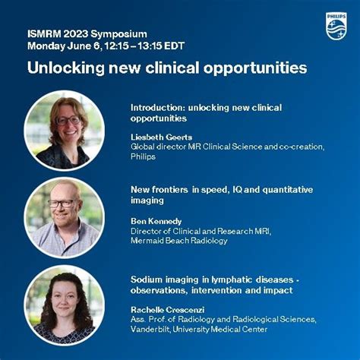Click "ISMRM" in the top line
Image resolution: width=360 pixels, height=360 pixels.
(43, 34)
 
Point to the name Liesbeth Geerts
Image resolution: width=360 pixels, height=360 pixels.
(161, 137)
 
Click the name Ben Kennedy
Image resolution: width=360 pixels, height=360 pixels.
(155, 220)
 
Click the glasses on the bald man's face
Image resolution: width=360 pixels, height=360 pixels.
(62, 203)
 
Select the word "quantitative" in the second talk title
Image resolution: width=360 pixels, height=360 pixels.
(285, 189)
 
